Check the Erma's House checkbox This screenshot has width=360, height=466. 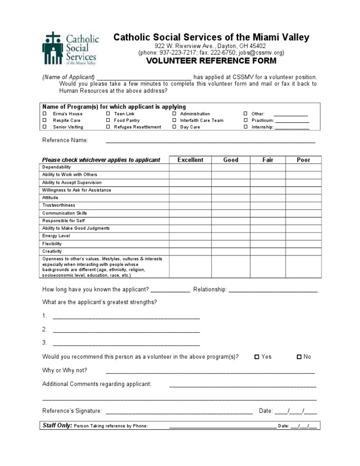click(45, 114)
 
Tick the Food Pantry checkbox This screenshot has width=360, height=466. click(108, 120)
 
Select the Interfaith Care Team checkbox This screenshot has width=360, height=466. click(174, 120)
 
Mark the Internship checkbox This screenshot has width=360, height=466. click(245, 127)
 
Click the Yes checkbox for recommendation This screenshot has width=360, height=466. click(256, 357)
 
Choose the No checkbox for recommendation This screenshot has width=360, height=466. click(299, 357)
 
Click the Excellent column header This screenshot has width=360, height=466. click(190, 160)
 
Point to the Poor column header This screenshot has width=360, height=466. click(304, 160)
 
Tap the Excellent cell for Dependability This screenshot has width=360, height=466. click(190, 167)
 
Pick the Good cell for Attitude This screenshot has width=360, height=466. click(231, 198)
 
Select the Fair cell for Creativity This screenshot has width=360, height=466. click(268, 251)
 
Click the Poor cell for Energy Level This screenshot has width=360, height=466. click(304, 236)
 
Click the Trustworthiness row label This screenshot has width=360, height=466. click(59, 205)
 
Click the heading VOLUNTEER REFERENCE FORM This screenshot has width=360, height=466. click(211, 61)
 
